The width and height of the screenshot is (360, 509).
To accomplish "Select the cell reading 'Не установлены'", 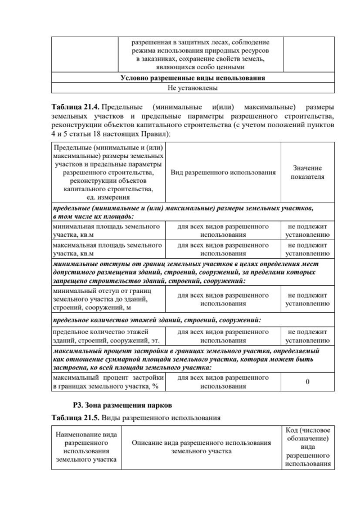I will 192,88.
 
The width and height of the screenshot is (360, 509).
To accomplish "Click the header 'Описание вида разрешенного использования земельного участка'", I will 201,447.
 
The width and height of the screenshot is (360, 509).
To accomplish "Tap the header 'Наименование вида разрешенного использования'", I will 87,447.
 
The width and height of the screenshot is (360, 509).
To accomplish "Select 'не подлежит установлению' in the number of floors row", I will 307,336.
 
